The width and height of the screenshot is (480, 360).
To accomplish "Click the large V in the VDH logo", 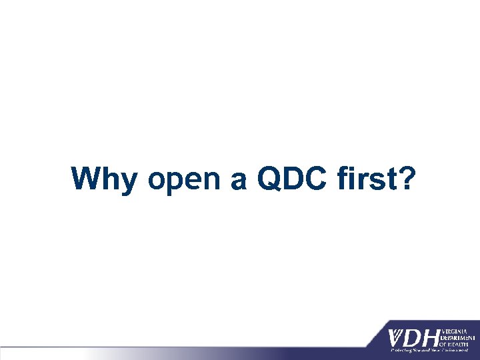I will coord(398,339).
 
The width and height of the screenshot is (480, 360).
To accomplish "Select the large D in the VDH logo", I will coord(415,339).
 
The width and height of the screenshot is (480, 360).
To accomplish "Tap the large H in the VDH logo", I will coord(432,339).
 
